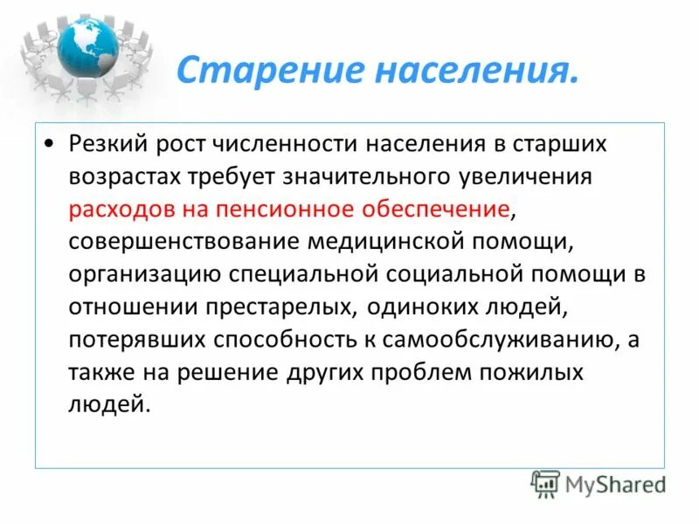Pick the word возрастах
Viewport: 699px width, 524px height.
pos(127,176)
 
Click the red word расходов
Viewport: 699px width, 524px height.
pos(121,209)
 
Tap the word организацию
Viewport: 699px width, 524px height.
pos(142,274)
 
